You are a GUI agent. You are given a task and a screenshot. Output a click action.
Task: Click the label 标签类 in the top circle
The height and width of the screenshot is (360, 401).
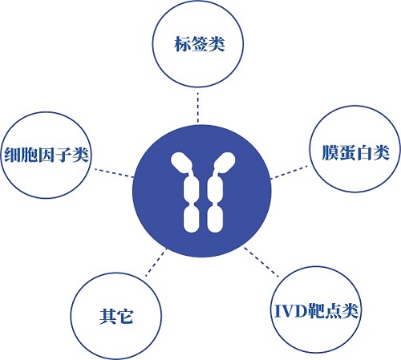click(x=200, y=44)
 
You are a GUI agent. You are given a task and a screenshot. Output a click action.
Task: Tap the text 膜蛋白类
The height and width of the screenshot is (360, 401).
click(x=355, y=152)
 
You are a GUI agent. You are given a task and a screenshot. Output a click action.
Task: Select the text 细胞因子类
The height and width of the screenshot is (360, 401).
click(x=47, y=155)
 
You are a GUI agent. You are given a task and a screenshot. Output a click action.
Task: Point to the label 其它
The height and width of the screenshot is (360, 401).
click(x=116, y=317)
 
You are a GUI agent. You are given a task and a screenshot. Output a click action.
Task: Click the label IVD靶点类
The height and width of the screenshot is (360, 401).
click(x=316, y=310)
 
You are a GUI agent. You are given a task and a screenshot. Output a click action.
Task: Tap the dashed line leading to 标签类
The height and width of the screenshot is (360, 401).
click(x=198, y=107)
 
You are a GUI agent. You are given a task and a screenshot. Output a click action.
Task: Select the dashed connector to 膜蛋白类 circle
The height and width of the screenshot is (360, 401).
click(x=289, y=172)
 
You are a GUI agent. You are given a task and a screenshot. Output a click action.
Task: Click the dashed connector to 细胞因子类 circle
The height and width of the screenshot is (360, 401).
click(x=114, y=172)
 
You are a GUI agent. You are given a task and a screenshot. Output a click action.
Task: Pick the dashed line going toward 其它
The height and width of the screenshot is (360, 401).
click(x=156, y=262)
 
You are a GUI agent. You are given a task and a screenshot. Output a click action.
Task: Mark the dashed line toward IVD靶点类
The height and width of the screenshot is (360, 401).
click(x=261, y=262)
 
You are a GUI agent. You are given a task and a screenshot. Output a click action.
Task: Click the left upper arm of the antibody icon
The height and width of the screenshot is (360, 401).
click(x=181, y=163)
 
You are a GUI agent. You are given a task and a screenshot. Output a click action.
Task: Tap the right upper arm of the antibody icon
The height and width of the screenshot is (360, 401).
click(x=225, y=163)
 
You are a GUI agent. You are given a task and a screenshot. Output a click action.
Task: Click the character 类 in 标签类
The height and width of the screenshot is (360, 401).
click(x=217, y=44)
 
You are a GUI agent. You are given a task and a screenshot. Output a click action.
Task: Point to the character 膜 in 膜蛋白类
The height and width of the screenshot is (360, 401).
click(x=330, y=152)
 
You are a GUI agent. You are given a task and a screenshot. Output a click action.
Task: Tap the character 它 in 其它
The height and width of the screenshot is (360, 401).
click(x=125, y=317)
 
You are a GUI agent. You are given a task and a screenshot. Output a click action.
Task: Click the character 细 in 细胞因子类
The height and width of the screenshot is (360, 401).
click(x=13, y=155)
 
